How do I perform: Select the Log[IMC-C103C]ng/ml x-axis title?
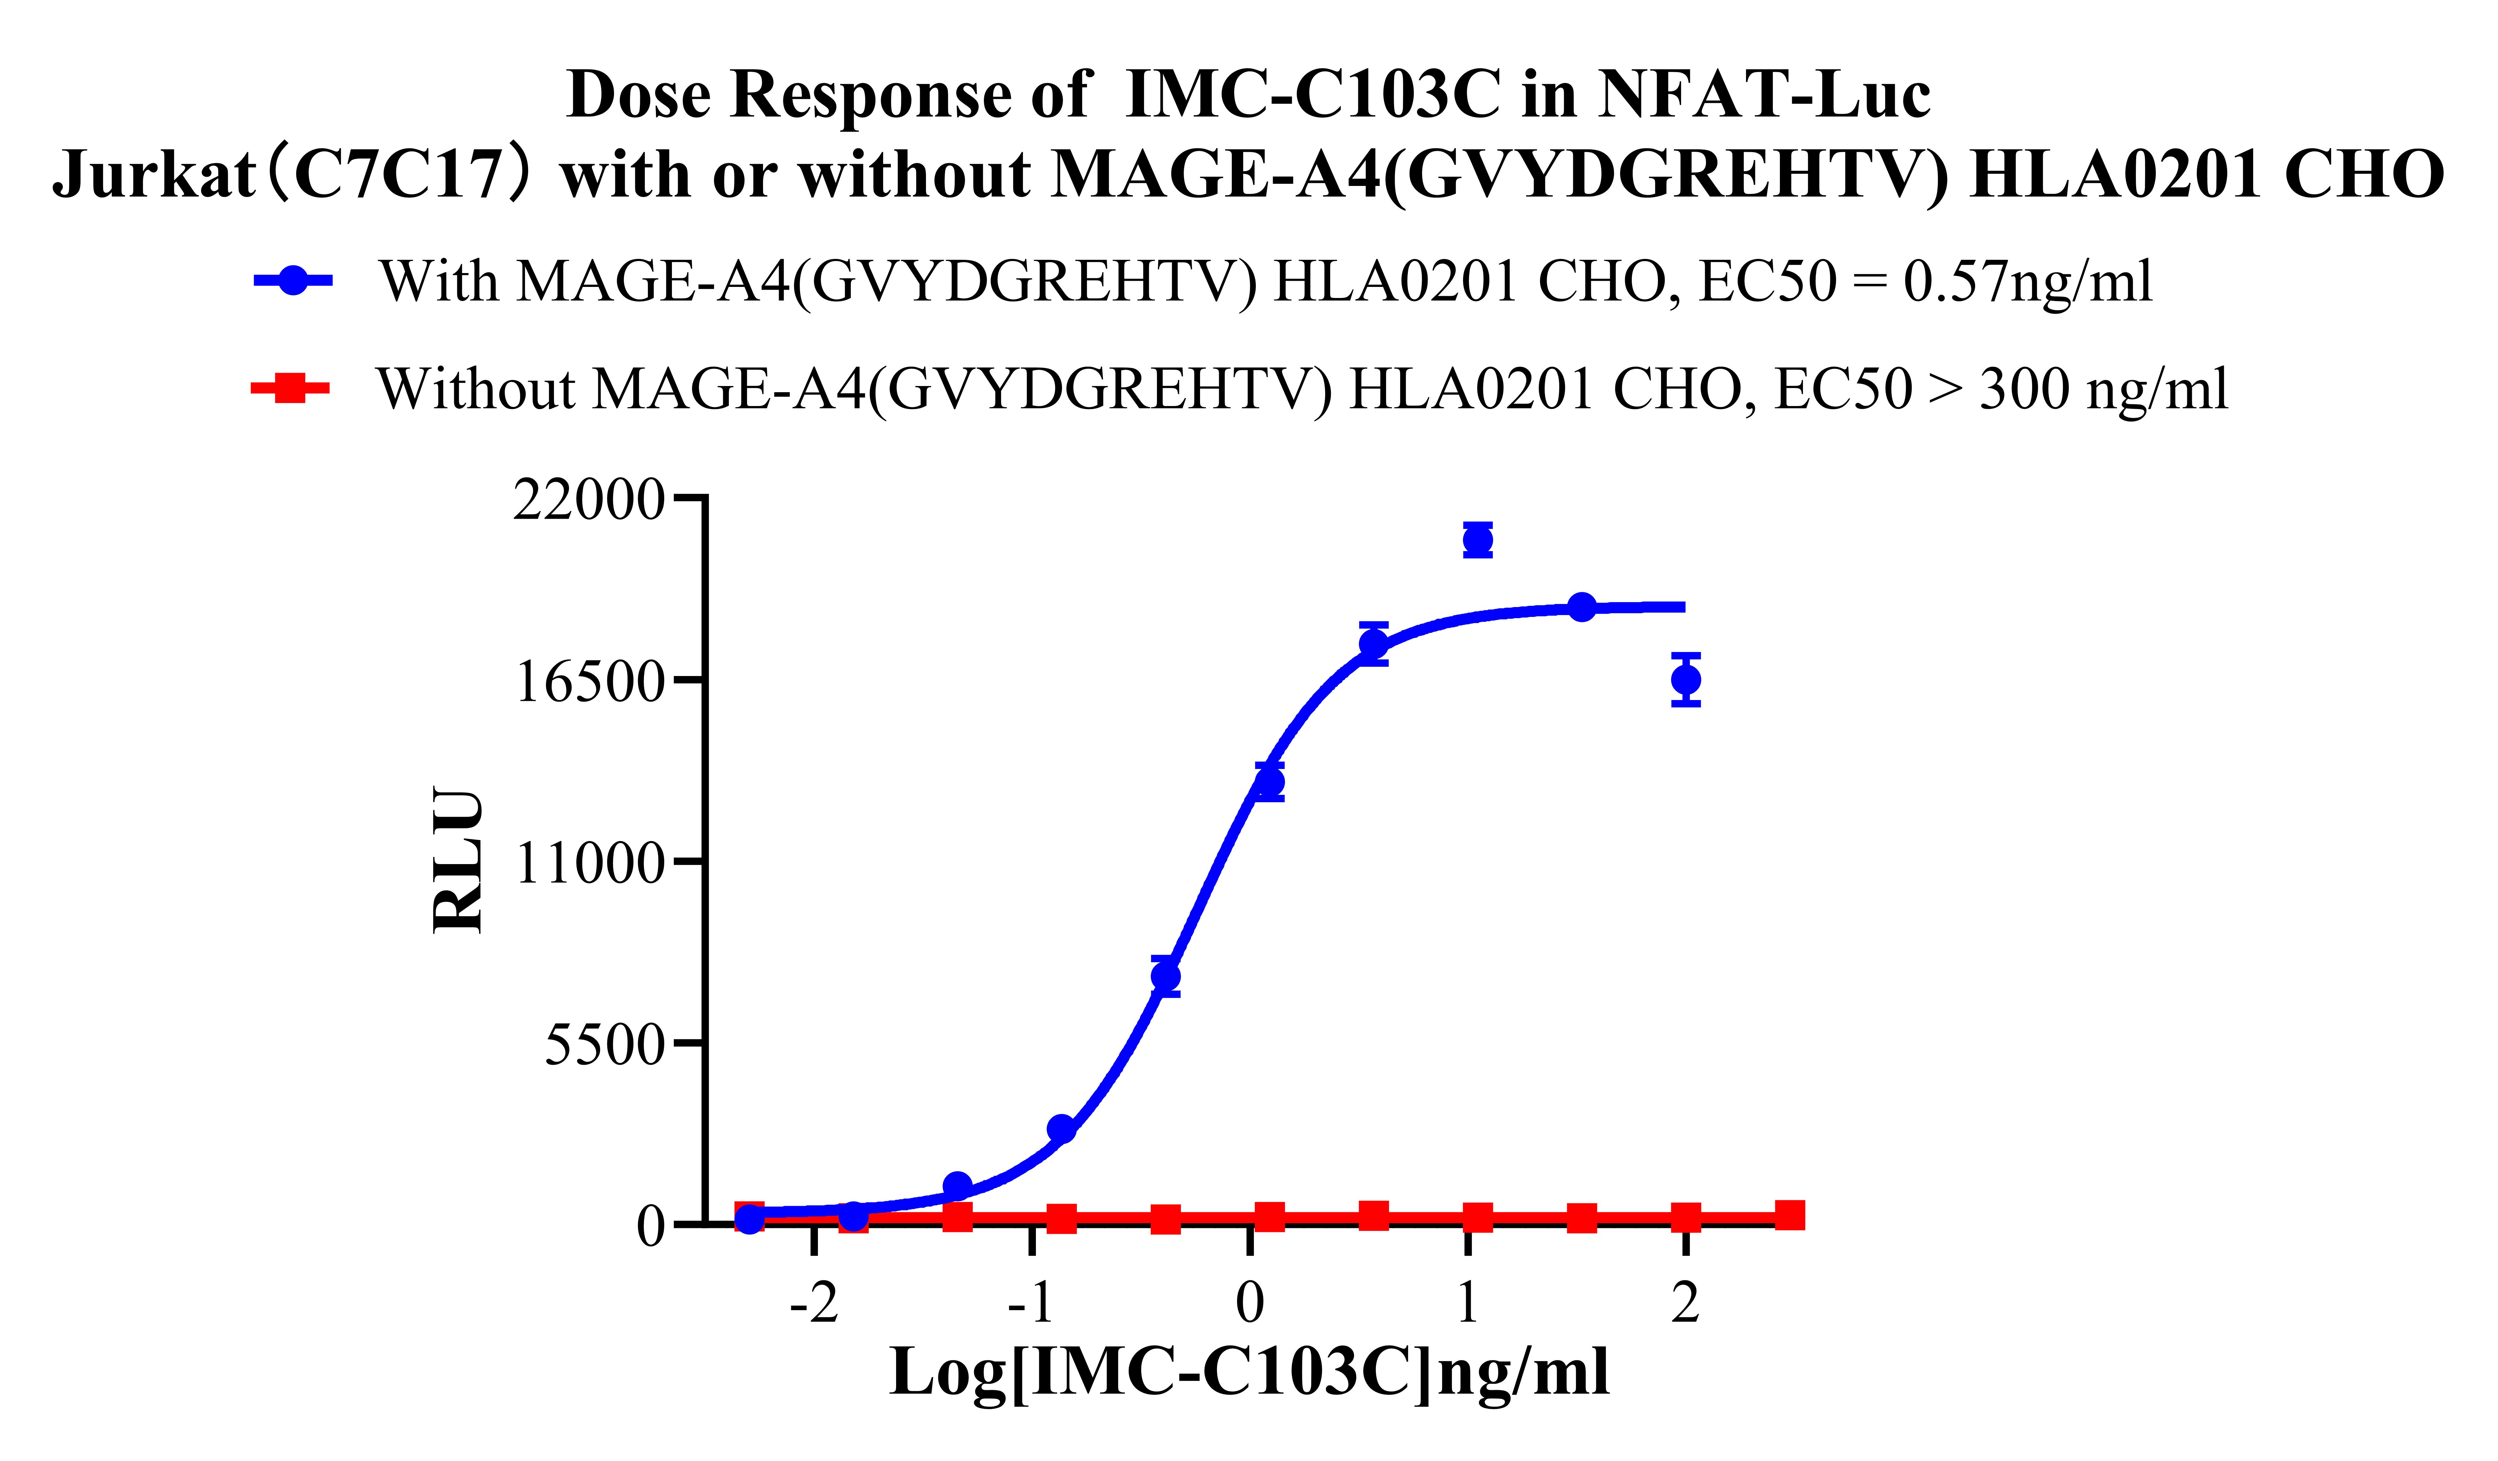click(x=1249, y=1373)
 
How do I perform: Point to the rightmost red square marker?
click(x=1789, y=1215)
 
